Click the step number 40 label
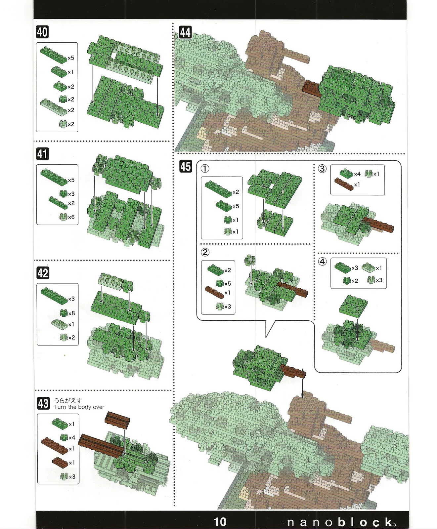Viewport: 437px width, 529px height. coord(42,32)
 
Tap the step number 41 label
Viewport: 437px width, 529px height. coord(42,154)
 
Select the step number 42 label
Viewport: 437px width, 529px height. coord(43,273)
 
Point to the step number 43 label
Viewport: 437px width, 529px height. coord(43,403)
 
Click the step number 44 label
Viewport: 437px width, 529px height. coord(185,32)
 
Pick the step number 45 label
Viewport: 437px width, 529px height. coord(186,166)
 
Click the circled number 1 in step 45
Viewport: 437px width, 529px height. coord(205,169)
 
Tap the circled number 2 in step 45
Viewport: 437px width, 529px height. coord(205,252)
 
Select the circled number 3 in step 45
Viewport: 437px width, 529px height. coord(322,169)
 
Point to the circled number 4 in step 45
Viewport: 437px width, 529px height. coord(322,262)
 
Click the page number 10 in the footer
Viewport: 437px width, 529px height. coord(220,522)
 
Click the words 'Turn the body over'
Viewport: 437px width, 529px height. coord(79,407)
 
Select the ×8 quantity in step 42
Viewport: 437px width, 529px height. coord(71,313)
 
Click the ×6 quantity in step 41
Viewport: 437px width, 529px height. coord(71,217)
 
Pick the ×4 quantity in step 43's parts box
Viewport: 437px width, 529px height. coord(72,437)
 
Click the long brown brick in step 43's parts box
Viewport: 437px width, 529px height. coord(55,445)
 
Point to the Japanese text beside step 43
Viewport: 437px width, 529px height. coord(68,400)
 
